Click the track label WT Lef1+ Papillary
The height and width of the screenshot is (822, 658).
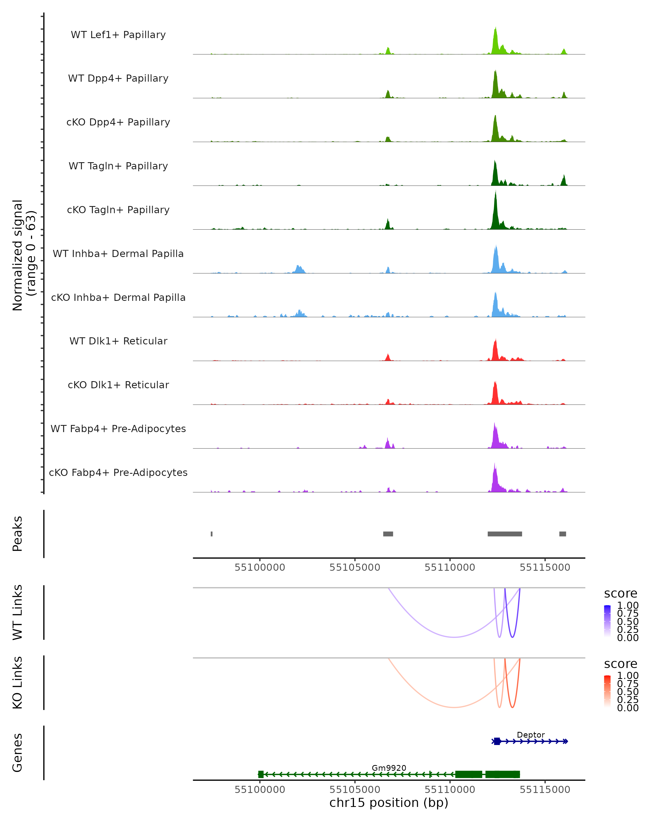(118, 35)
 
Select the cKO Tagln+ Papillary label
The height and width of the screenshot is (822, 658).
(118, 210)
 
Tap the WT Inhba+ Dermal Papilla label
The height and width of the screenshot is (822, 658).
(118, 253)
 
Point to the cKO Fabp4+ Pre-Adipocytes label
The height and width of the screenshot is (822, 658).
(118, 472)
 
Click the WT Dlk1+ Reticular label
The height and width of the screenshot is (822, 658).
(118, 341)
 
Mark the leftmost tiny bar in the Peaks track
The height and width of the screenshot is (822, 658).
(212, 534)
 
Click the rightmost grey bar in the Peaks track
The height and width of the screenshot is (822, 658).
(562, 534)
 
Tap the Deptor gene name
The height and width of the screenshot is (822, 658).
(531, 735)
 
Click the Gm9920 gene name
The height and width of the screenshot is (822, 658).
(389, 768)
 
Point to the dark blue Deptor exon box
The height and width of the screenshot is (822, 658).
(497, 741)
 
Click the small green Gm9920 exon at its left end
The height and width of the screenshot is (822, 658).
(261, 774)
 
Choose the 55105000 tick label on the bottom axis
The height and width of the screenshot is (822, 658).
(355, 790)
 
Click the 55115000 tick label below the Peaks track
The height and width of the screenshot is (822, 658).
(545, 567)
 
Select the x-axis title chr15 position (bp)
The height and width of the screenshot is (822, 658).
(389, 803)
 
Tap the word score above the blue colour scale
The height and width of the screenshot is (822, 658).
(621, 593)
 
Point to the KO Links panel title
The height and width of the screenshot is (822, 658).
(18, 683)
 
